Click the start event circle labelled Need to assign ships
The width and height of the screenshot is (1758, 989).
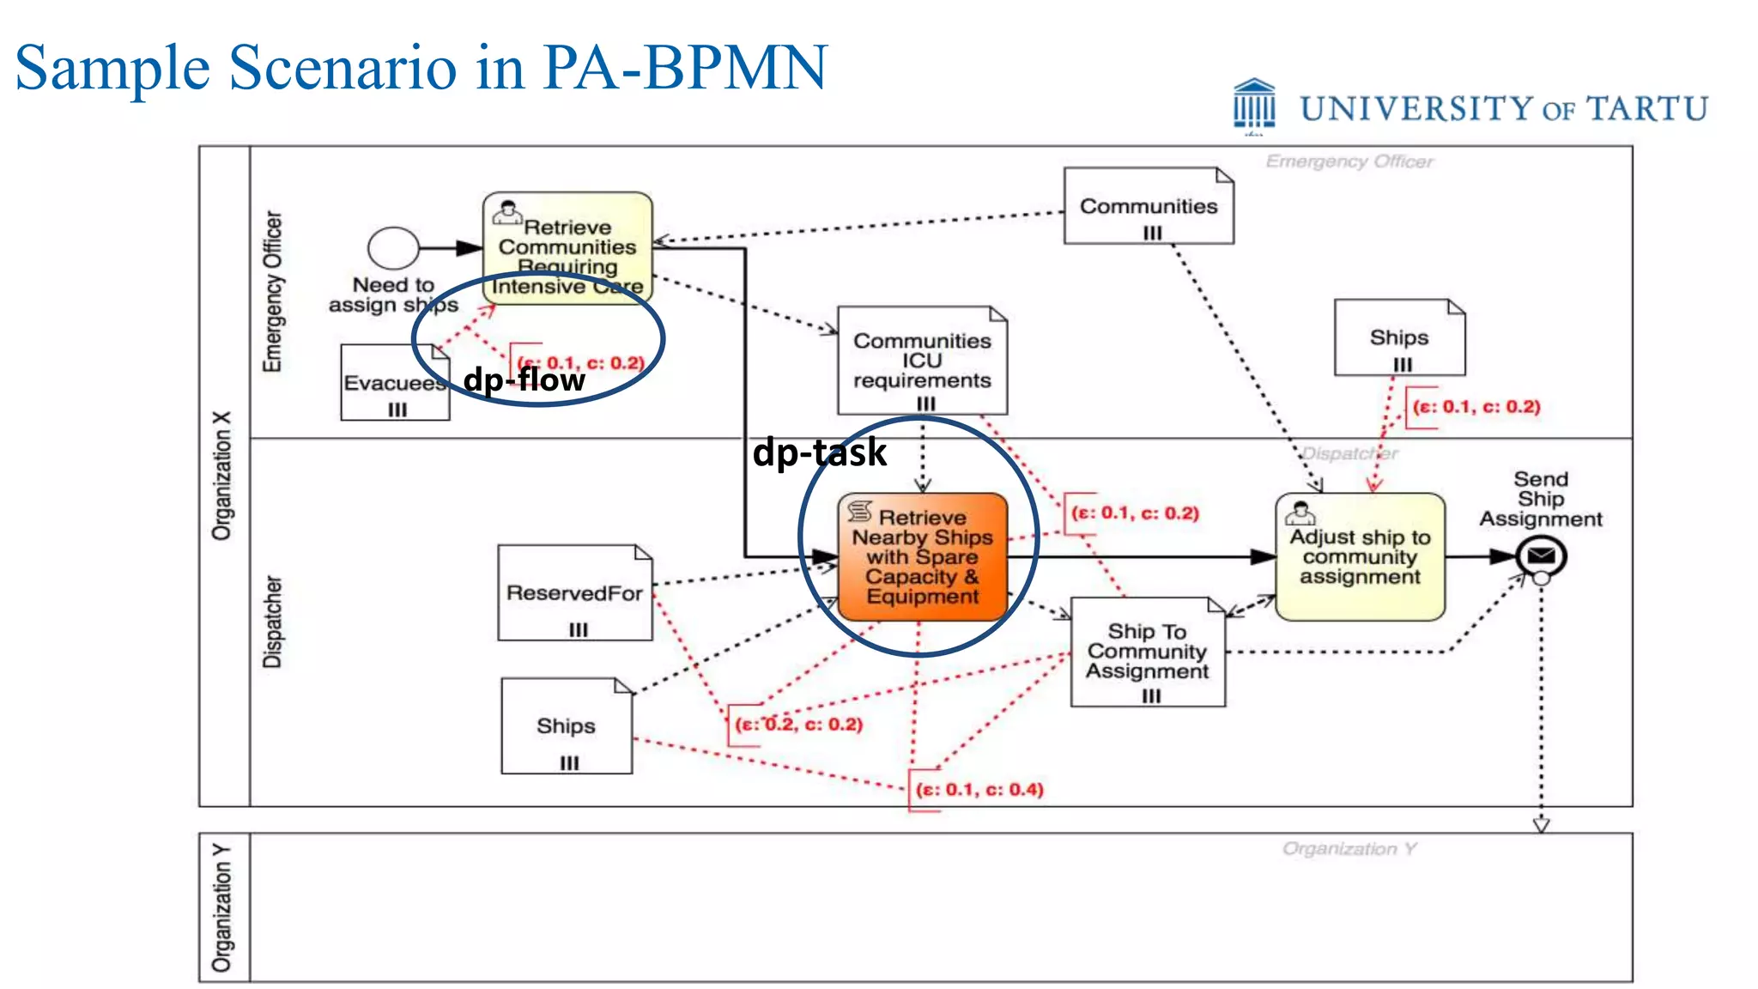point(393,249)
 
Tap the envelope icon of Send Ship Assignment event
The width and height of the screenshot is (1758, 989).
point(1541,556)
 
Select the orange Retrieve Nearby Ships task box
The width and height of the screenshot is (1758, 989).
point(922,556)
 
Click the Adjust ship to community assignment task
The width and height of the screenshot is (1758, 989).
point(1360,556)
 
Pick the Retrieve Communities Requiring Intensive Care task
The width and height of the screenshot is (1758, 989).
point(567,247)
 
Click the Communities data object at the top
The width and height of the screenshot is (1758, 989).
point(1148,206)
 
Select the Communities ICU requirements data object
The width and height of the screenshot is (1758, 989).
point(922,361)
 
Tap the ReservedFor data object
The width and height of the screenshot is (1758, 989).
point(574,592)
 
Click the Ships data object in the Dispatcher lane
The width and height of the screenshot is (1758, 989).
point(566,726)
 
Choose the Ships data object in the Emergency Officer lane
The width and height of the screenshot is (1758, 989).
point(1399,337)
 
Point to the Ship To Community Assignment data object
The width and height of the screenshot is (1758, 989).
point(1147,652)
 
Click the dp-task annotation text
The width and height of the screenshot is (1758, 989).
point(819,452)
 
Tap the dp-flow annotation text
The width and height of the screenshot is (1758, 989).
point(524,379)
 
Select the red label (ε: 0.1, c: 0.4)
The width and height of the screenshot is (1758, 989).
point(979,789)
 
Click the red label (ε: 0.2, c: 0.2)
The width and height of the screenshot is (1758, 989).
point(798,724)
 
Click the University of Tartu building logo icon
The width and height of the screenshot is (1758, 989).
point(1254,105)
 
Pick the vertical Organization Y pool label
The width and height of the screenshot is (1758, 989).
point(222,907)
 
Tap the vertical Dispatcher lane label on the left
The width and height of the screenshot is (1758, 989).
point(272,622)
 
